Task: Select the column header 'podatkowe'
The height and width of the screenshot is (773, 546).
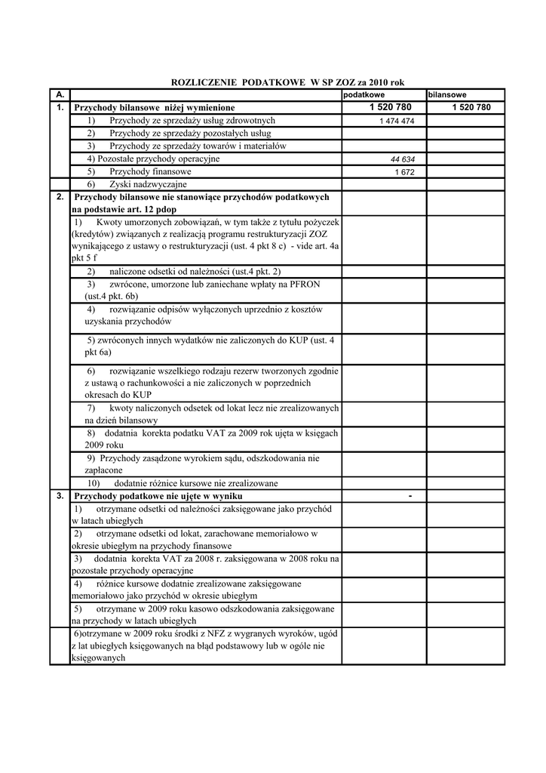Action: tap(364, 95)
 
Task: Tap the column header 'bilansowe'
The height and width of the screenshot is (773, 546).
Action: tap(447, 95)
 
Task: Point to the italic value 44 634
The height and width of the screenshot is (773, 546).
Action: tap(403, 159)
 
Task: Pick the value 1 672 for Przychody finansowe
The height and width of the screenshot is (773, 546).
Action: tap(406, 172)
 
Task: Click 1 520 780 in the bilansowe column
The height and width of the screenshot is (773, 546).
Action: tap(471, 108)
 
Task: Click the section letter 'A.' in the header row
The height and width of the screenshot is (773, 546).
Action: tap(60, 95)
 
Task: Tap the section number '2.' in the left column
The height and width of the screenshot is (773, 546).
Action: tap(60, 196)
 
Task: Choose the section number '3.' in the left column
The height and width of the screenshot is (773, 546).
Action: tap(60, 496)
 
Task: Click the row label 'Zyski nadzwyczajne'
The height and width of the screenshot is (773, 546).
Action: tap(148, 183)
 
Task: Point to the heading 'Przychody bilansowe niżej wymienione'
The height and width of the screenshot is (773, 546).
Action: tap(155, 108)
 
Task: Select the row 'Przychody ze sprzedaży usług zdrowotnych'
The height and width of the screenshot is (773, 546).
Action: tap(192, 121)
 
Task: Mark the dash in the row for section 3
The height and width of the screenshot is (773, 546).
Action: tap(409, 496)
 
